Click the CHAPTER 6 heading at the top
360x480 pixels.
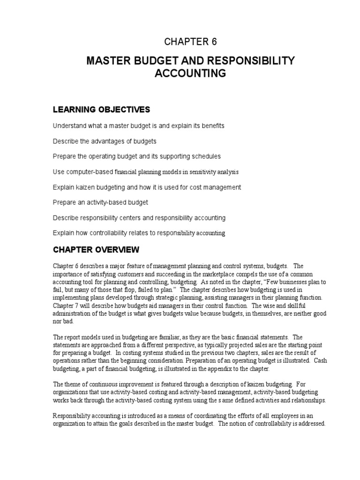click(190, 42)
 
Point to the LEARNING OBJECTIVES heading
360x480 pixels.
click(101, 110)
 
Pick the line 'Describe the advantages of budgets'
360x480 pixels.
click(105, 141)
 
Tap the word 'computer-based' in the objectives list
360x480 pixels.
click(88, 172)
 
